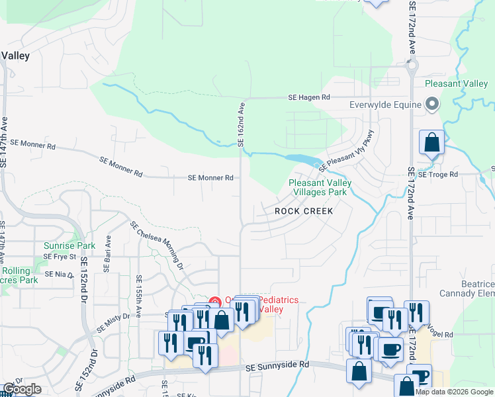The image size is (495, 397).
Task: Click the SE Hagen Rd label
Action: [308, 97]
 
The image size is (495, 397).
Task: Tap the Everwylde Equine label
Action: [386, 105]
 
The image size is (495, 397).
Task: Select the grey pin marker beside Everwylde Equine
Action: [432, 105]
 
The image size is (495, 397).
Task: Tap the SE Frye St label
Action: [60, 257]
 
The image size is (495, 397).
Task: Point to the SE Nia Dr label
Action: [58, 274]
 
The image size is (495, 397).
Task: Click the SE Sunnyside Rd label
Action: [277, 365]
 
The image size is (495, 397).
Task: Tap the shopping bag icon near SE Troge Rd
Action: [431, 144]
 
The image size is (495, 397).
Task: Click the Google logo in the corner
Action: [21, 389]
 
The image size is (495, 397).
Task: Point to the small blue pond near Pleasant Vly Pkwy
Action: [301, 159]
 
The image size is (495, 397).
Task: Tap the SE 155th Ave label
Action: [139, 290]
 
